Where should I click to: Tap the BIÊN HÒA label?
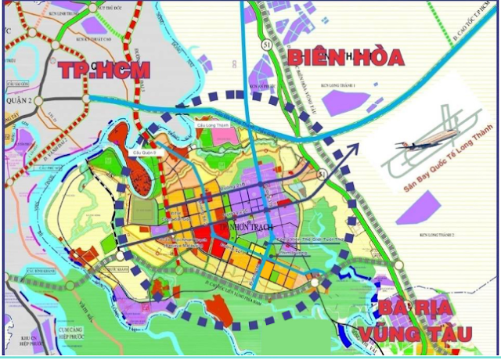(344, 56)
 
